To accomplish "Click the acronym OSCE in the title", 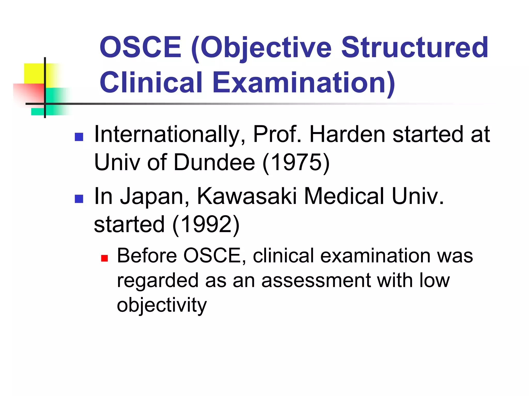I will (141, 47).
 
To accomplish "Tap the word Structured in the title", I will (415, 47).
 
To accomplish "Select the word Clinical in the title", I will (151, 82).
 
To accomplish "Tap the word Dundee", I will (214, 162).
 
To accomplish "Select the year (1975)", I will (296, 162).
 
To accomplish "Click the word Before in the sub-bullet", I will (147, 256).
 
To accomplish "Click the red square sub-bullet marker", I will (104, 258).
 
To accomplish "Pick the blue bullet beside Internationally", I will (79, 137).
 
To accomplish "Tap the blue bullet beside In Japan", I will (79, 199).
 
